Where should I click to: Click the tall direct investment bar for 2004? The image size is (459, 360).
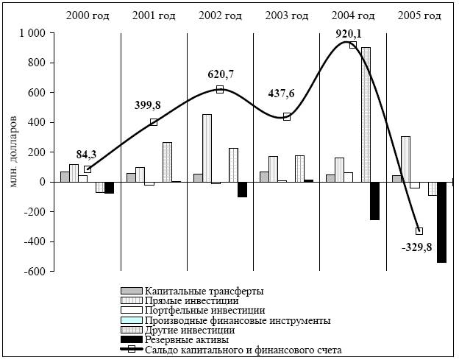[366, 114]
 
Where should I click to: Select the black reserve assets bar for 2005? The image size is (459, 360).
[441, 222]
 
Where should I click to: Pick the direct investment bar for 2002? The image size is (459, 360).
[207, 148]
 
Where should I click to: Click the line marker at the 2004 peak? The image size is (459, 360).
[352, 45]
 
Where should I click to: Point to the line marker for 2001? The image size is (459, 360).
[153, 122]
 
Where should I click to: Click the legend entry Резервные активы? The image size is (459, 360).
[187, 340]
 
